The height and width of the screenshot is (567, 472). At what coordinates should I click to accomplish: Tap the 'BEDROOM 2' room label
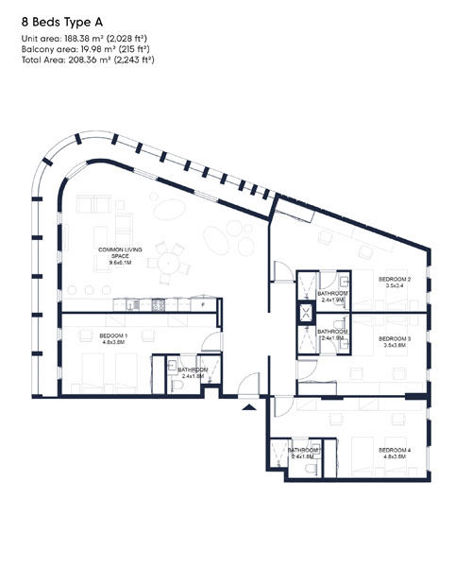[395, 282]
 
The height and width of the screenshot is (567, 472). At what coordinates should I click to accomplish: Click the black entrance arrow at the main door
[248, 407]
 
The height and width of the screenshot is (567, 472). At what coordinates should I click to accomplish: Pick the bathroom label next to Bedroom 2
[333, 297]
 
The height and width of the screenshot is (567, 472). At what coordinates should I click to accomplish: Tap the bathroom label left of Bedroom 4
[305, 453]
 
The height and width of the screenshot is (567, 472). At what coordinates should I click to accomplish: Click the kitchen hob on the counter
[158, 304]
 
